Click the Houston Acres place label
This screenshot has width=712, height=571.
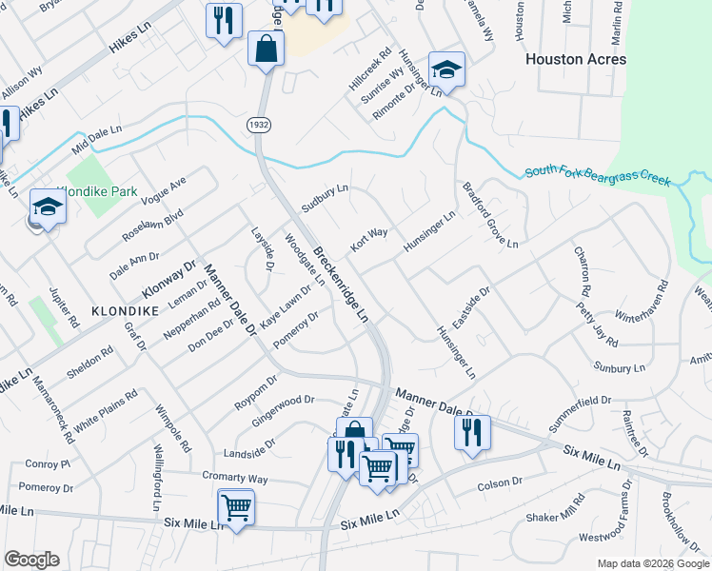coord(576,59)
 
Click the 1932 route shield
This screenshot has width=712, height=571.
coord(257,125)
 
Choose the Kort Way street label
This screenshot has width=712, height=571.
coord(368,239)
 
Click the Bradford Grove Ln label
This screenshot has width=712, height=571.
coord(490,216)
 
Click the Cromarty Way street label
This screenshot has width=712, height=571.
coord(234,478)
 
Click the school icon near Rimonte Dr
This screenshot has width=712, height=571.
coord(446,69)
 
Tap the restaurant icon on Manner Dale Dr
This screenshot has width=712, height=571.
coord(472,433)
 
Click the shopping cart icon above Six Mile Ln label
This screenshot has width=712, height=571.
coord(235,506)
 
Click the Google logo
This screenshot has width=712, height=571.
coord(32,560)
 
